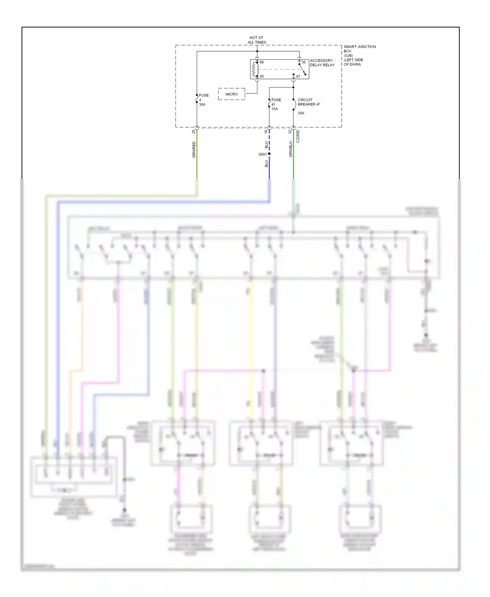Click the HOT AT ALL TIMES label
[257, 40]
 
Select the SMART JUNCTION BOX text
[359, 49]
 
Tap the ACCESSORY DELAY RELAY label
[322, 63]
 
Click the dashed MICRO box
[232, 94]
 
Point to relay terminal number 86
[262, 62]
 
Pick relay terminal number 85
[262, 76]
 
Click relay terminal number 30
[303, 62]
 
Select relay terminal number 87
[298, 76]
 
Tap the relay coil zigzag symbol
[255, 69]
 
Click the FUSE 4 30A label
[203, 100]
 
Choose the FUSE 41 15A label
[276, 104]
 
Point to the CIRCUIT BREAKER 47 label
[309, 102]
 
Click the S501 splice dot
[269, 154]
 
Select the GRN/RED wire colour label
[194, 150]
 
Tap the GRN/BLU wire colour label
[290, 149]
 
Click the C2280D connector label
[298, 137]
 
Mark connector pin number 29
[193, 132]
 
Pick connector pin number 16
[266, 131]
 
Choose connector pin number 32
[290, 132]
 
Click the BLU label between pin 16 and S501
[266, 145]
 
